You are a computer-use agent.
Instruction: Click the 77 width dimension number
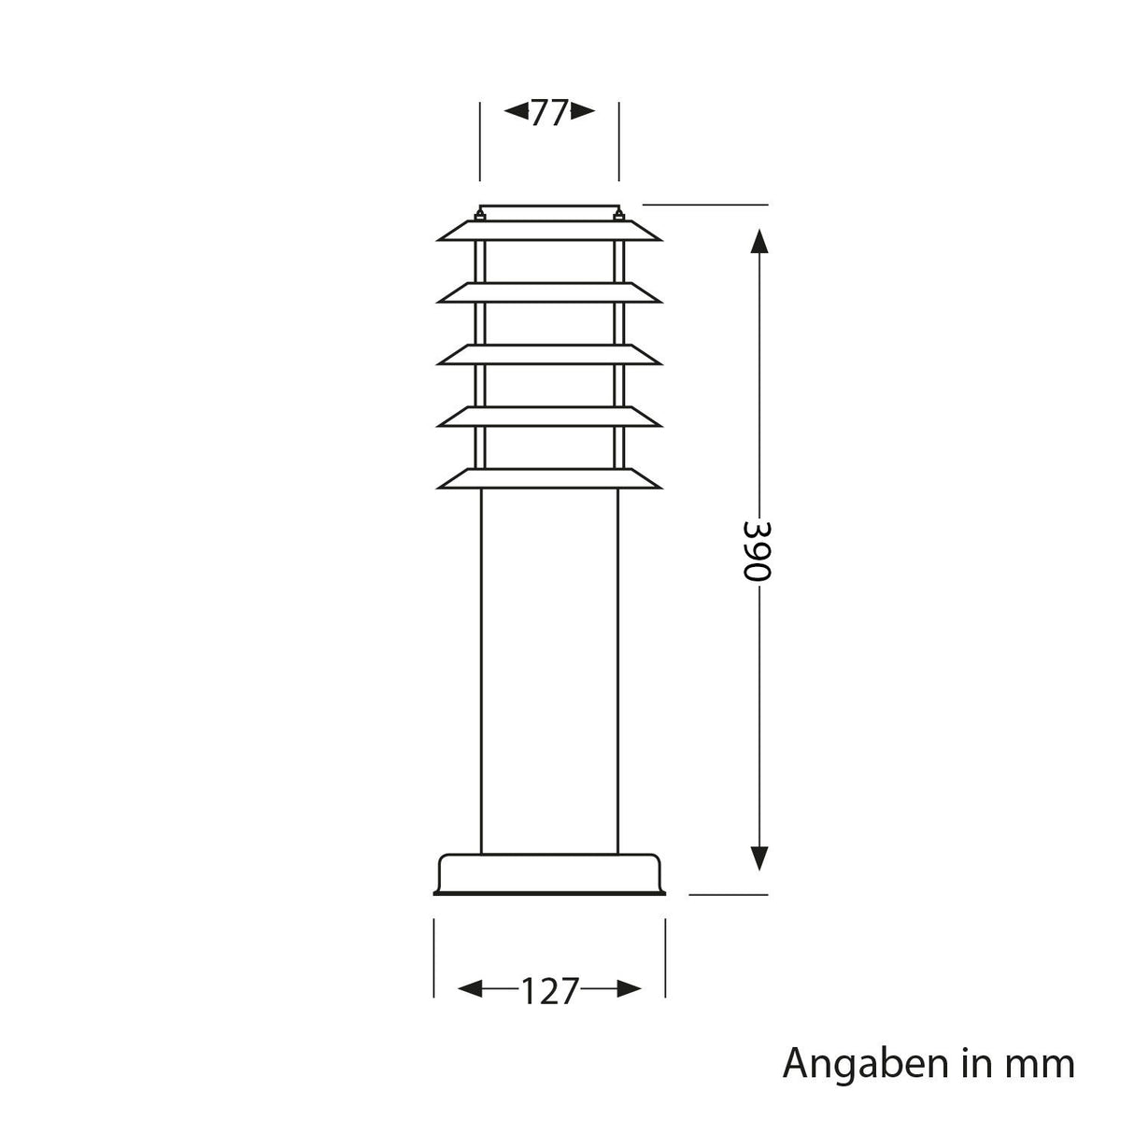coord(549,113)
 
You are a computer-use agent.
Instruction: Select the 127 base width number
coord(549,990)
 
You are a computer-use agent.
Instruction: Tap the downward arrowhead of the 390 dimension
coord(759,857)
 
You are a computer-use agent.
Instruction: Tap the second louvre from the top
coord(549,293)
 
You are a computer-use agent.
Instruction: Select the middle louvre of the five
coord(549,355)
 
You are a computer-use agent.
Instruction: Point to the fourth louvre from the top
coord(549,417)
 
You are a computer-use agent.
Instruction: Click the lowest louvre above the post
coord(549,478)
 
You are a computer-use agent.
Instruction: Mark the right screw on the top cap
coord(617,217)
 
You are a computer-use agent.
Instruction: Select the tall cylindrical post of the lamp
coord(549,673)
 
